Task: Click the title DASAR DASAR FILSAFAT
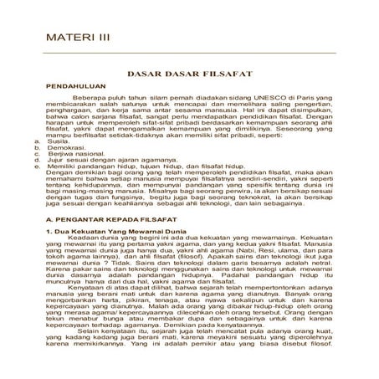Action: [x=189, y=74]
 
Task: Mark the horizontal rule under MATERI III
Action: [x=188, y=53]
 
